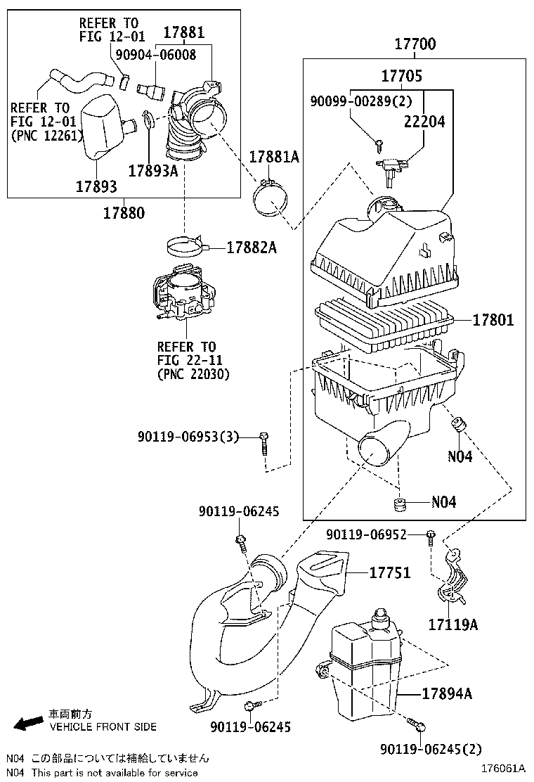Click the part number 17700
[x=414, y=44]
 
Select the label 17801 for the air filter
[x=493, y=321]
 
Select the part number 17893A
[x=152, y=170]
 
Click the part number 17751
[x=389, y=573]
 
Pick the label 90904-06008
[x=156, y=55]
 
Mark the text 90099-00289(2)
[x=360, y=101]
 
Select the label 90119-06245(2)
[x=431, y=750]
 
